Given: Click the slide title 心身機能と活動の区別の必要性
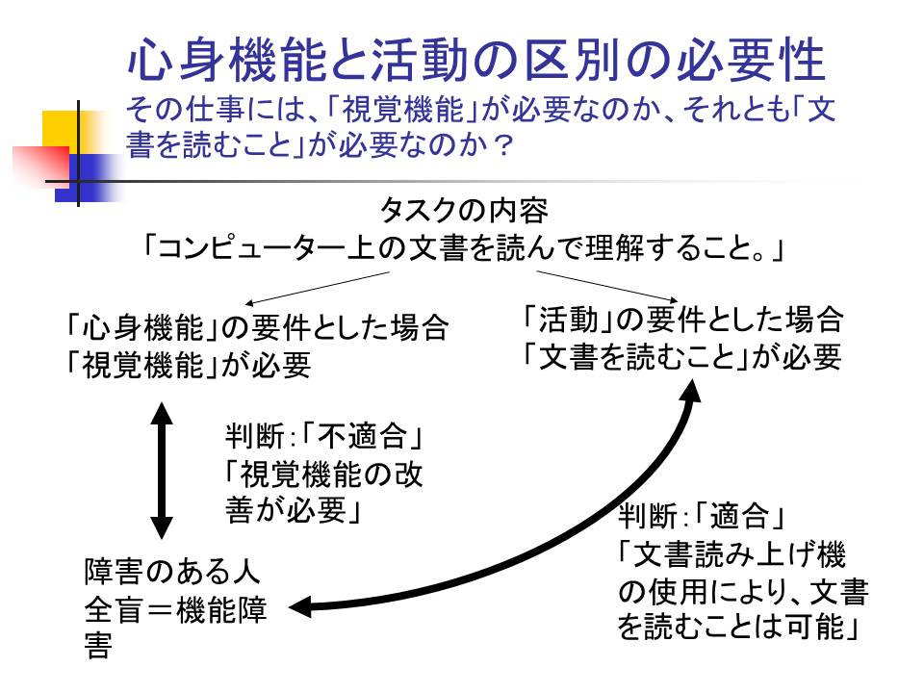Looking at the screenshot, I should click(x=476, y=61).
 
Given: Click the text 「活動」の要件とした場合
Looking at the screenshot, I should click(x=682, y=318).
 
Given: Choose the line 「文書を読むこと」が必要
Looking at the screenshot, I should click(x=682, y=356).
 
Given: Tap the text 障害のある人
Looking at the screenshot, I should click(x=172, y=572).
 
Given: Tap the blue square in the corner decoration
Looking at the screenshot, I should click(x=87, y=178).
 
